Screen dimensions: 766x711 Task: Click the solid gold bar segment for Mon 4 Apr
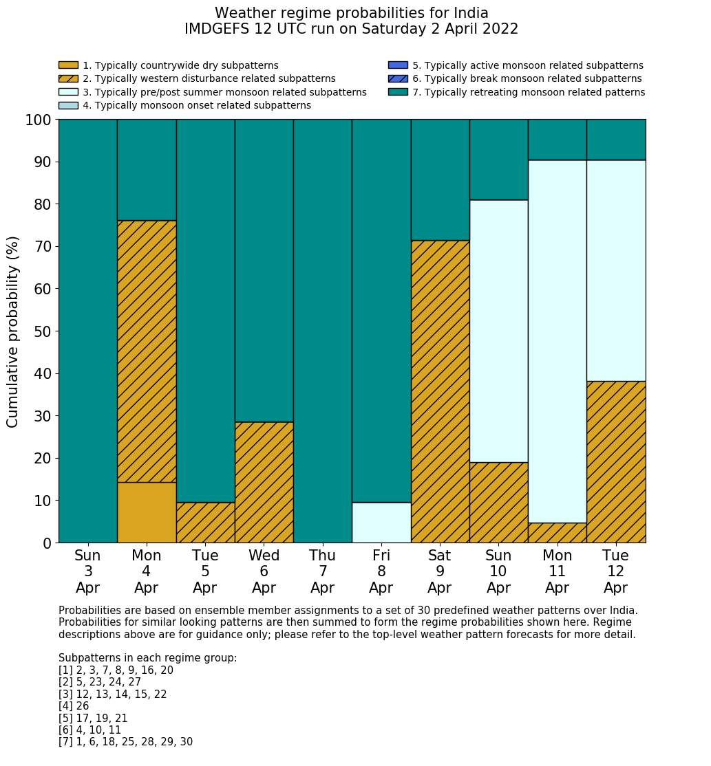point(147,512)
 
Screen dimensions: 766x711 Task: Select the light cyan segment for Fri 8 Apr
point(381,523)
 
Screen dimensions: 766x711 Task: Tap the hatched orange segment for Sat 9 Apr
point(440,391)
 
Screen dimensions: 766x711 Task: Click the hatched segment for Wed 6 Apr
point(264,482)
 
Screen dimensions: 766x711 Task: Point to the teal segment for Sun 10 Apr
point(498,160)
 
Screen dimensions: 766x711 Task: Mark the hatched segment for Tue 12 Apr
point(616,461)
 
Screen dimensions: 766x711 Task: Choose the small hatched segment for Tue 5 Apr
point(205,523)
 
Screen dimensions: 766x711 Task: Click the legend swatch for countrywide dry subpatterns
point(68,65)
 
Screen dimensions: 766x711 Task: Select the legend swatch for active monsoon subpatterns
point(398,65)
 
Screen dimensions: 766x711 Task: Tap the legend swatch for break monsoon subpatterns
point(398,78)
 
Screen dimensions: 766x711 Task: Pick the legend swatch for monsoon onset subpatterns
point(68,105)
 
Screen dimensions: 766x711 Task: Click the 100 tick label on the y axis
point(38,120)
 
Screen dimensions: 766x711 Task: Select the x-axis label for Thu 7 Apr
point(322,571)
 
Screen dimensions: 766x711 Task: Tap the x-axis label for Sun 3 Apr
point(87,571)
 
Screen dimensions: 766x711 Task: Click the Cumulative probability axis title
point(13,331)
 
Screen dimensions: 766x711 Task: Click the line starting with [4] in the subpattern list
point(74,706)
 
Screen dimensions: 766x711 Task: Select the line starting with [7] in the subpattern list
point(125,742)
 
